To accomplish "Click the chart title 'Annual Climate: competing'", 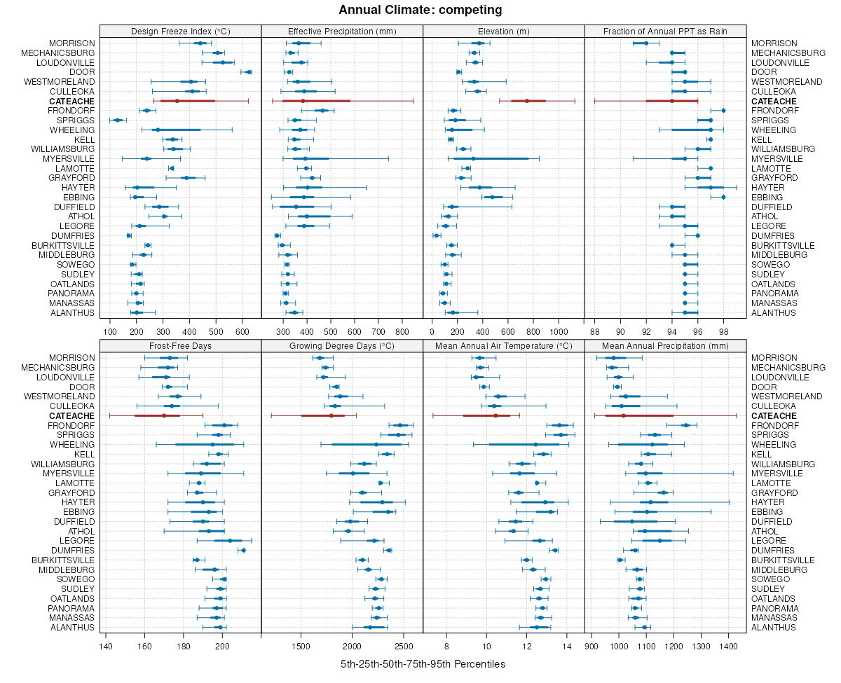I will (420, 10).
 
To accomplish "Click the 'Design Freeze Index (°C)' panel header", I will (180, 31).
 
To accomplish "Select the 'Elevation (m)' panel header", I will (503, 31).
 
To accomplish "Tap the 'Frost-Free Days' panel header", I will (180, 345).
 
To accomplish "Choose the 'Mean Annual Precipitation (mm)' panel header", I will (665, 345).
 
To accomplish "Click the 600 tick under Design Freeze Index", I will (242, 331).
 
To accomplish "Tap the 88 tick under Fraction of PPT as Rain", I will (595, 331).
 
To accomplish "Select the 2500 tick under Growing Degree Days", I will (404, 645).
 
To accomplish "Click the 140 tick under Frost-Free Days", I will (106, 645).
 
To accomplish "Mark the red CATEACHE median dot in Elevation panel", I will (527, 101).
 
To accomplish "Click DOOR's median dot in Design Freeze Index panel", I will (249, 72).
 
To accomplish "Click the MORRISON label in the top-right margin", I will (774, 43).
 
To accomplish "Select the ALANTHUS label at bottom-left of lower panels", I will (73, 628).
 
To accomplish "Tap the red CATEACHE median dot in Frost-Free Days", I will (164, 415).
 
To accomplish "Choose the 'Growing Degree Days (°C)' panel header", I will (342, 345).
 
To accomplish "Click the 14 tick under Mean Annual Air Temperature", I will (567, 645).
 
